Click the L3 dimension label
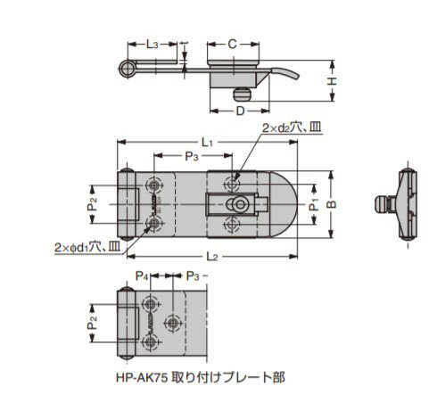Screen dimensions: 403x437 153,44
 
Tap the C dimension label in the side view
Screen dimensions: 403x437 232,44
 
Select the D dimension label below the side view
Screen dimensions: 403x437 239,110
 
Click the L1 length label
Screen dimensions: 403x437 207,142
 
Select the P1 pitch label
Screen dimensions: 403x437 313,204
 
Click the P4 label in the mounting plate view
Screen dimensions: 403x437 142,276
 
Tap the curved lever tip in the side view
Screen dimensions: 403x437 293,75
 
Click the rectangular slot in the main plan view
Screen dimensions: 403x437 228,203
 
